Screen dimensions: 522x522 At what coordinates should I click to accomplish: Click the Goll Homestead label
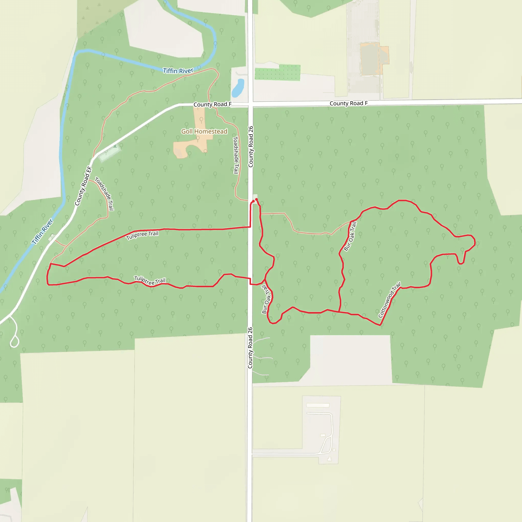(x=204, y=132)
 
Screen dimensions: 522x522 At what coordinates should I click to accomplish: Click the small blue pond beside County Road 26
(x=238, y=88)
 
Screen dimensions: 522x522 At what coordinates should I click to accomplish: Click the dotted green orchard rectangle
(x=277, y=72)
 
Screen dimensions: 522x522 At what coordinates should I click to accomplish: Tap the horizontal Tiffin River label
(x=178, y=71)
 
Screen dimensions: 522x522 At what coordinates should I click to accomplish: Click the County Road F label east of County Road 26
(x=348, y=103)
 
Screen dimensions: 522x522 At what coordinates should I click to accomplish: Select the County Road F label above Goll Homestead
(x=212, y=104)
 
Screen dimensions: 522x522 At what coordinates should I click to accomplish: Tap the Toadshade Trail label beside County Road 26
(x=236, y=155)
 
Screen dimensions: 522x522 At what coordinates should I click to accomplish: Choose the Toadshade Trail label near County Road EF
(x=104, y=193)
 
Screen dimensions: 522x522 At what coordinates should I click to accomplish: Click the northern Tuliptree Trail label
(x=142, y=235)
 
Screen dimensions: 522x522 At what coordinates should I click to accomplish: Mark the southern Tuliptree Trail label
(x=150, y=281)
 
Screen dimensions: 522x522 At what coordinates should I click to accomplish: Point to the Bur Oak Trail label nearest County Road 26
(x=266, y=299)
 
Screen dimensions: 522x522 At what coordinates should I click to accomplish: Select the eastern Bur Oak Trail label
(x=350, y=236)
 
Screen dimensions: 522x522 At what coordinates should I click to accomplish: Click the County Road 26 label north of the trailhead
(x=251, y=147)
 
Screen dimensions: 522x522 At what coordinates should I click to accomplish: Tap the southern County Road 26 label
(x=250, y=348)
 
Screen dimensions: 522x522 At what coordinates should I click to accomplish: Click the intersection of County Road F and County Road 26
(x=251, y=104)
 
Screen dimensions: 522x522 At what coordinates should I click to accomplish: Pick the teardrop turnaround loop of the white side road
(x=15, y=341)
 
